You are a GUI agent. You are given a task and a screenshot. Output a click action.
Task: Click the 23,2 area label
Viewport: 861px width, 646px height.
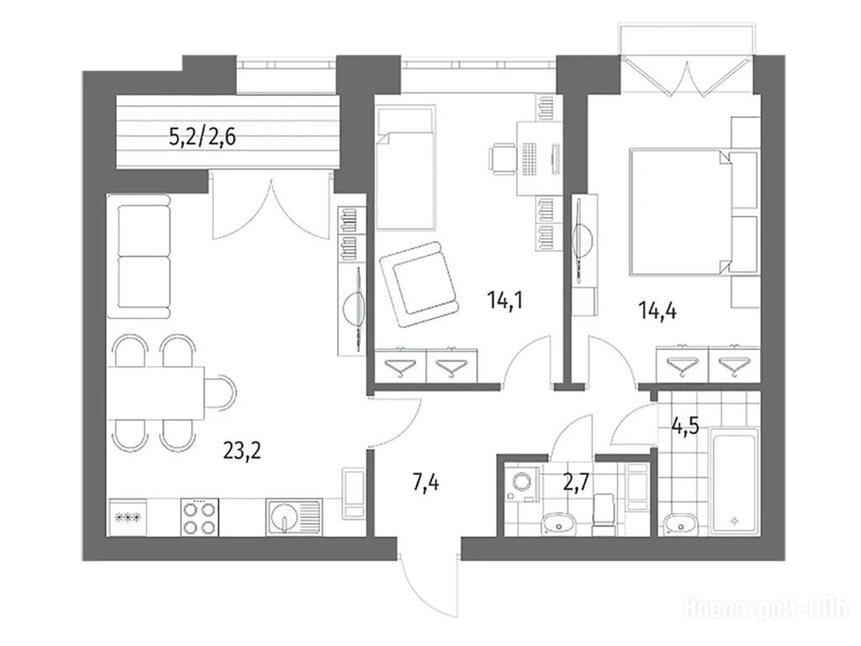coord(242,451)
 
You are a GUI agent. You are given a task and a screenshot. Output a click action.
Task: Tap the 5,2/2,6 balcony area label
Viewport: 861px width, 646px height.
coord(203,137)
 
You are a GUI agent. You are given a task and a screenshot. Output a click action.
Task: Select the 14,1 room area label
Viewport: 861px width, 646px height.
coord(504,300)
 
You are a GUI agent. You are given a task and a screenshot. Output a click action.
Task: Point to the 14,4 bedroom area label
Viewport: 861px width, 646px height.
coord(658,311)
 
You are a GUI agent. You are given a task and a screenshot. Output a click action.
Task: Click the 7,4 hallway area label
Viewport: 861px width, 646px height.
coord(425,484)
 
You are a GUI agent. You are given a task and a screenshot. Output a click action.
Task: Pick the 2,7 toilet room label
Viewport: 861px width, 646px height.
coord(576,482)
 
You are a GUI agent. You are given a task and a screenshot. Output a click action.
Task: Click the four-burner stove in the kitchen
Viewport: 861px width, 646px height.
coord(199,517)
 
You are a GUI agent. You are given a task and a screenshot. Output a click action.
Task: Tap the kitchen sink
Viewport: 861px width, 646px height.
coord(293,517)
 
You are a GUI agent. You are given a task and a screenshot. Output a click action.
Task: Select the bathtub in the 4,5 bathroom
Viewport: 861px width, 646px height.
coord(733,480)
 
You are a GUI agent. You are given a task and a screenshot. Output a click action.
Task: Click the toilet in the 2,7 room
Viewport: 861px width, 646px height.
coord(604,515)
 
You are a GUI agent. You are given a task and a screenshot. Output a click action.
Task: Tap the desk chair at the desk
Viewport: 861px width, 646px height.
coord(503,159)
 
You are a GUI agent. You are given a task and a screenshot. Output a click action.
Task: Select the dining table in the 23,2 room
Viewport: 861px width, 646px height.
coord(156,393)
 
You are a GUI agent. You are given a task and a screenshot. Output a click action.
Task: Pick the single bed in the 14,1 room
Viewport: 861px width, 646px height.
coord(406,168)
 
